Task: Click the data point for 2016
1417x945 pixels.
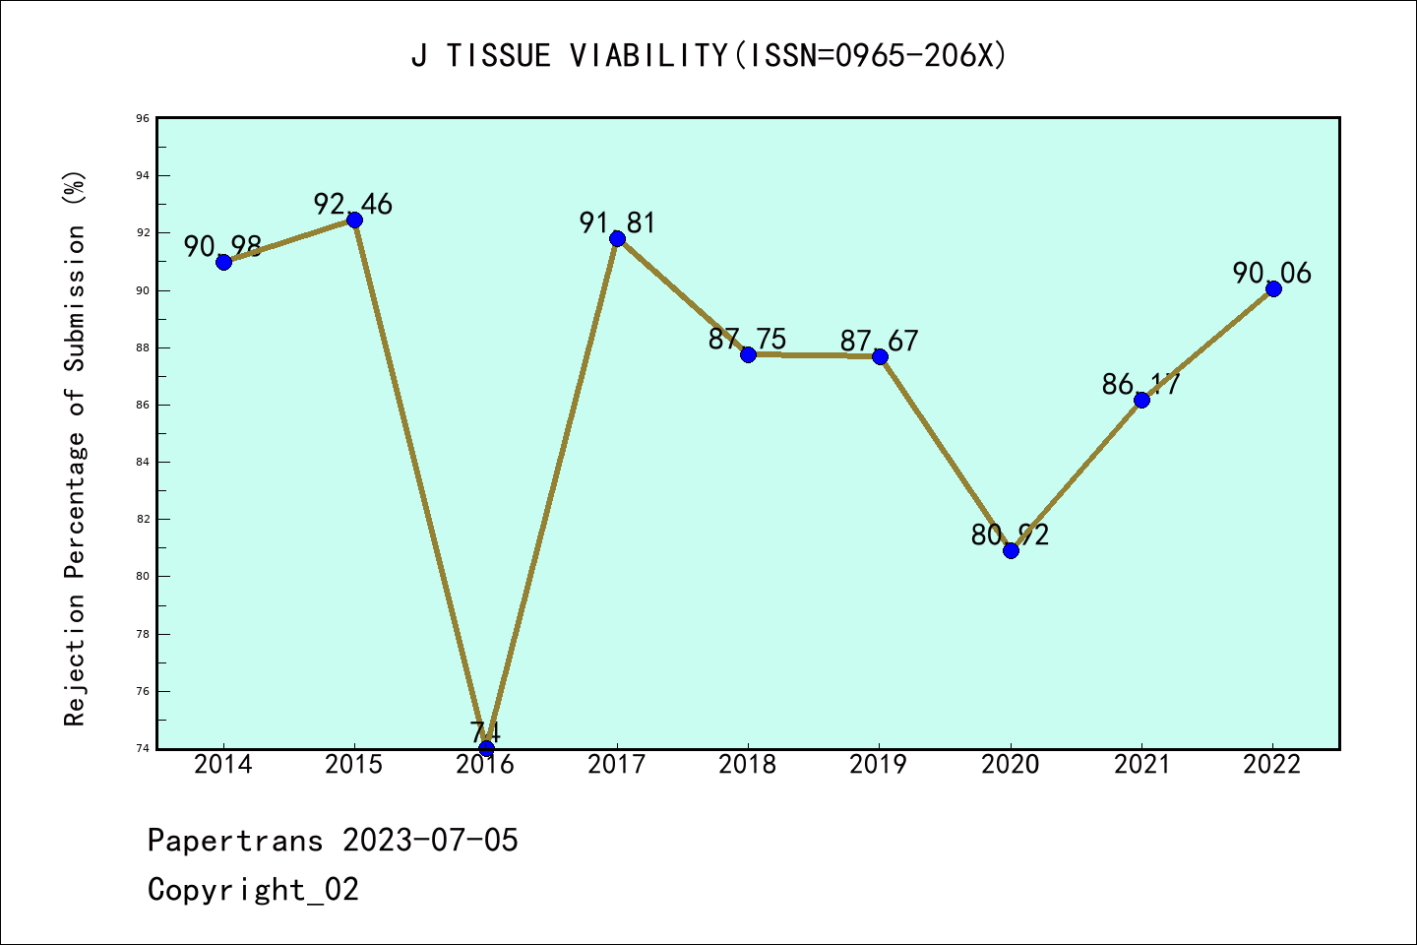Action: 486,748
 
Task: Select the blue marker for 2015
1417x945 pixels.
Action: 354,220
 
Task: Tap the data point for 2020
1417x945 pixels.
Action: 1011,550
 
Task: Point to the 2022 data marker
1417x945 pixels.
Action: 1273,288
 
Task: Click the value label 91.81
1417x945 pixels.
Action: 617,223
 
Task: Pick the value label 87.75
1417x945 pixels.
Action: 748,340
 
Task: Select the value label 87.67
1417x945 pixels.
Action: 879,342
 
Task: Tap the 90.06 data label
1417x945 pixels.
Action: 1272,273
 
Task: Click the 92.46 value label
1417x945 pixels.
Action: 353,204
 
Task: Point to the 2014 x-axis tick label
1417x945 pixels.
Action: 223,765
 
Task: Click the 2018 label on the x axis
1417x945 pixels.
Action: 748,765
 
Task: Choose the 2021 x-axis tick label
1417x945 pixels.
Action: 1141,765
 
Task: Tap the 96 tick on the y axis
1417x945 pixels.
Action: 143,118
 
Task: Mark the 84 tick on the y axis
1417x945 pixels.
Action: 143,462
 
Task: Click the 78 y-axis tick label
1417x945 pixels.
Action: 143,634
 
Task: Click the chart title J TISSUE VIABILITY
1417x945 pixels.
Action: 708,56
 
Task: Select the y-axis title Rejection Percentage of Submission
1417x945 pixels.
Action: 75,448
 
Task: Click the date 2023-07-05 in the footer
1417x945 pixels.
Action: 430,841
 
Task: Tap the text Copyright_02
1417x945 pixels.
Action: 253,890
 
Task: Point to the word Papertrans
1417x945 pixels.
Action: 235,841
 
